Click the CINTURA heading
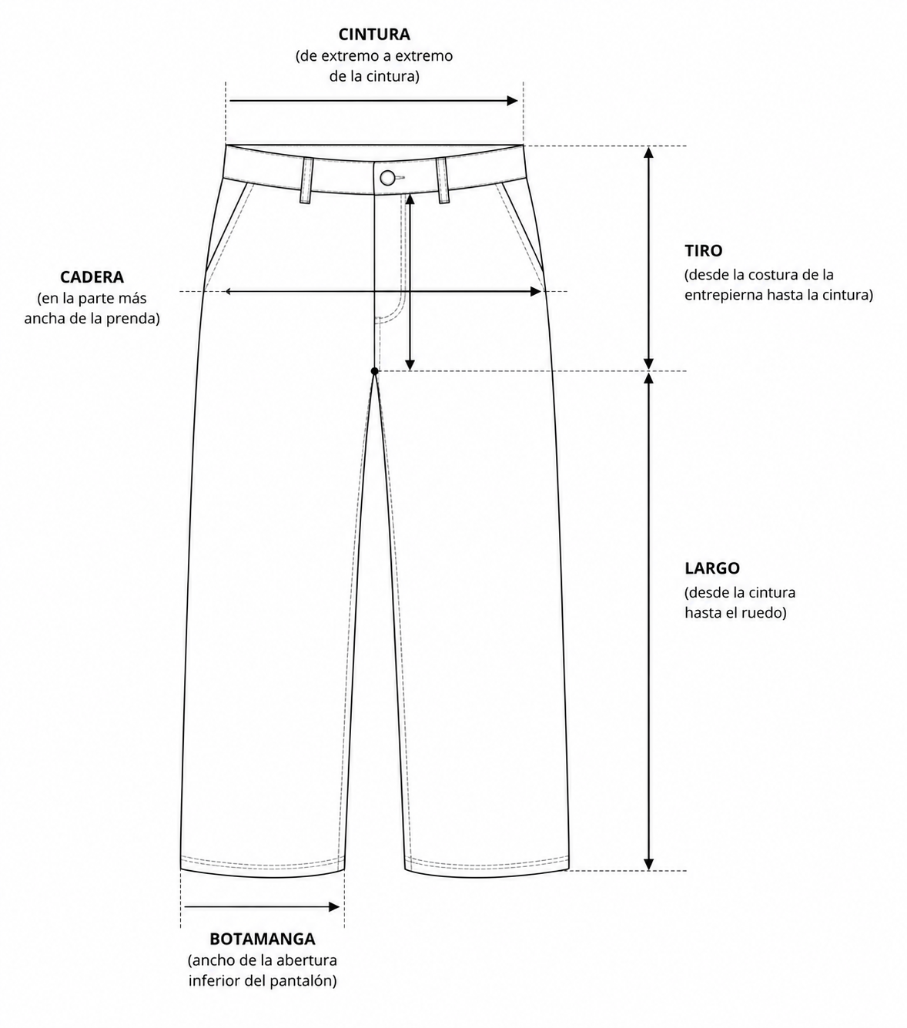[x=374, y=35]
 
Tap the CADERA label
[x=92, y=277]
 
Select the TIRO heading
[x=704, y=251]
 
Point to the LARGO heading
[x=712, y=568]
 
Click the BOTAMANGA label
[x=263, y=939]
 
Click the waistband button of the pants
[x=387, y=178]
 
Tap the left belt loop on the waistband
[x=306, y=181]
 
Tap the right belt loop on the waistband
[x=443, y=181]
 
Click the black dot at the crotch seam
[x=375, y=371]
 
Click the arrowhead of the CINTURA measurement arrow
[x=512, y=100]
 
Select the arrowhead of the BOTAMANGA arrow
[x=334, y=907]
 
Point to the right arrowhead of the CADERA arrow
[x=536, y=291]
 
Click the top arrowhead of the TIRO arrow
[x=648, y=152]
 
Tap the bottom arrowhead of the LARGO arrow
[x=648, y=865]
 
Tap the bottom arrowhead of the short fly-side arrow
[x=410, y=364]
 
